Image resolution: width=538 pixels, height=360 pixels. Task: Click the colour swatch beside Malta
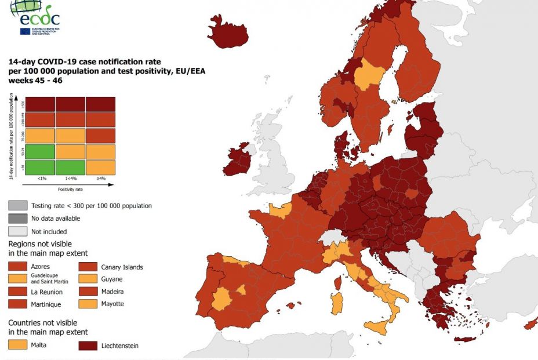tap(17, 345)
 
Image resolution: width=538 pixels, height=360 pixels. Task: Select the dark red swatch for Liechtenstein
tap(88, 346)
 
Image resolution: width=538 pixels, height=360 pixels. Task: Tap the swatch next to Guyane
tap(88, 279)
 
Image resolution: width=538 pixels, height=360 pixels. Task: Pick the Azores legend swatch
tap(17, 267)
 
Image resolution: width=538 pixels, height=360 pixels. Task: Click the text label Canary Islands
tap(122, 267)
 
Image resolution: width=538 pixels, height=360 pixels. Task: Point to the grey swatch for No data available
tap(17, 219)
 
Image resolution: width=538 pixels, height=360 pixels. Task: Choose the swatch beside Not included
tap(17, 231)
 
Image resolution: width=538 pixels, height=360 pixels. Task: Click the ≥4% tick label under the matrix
tap(100, 179)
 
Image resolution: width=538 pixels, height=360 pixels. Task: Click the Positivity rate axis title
tap(70, 189)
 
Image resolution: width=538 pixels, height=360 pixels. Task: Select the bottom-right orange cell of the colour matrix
tap(100, 167)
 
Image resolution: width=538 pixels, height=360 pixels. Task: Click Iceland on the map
tap(228, 34)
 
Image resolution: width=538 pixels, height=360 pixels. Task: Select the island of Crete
tap(468, 339)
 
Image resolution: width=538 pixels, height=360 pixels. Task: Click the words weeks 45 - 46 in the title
tap(35, 81)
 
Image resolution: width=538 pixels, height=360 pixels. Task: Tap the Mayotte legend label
tap(112, 304)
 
